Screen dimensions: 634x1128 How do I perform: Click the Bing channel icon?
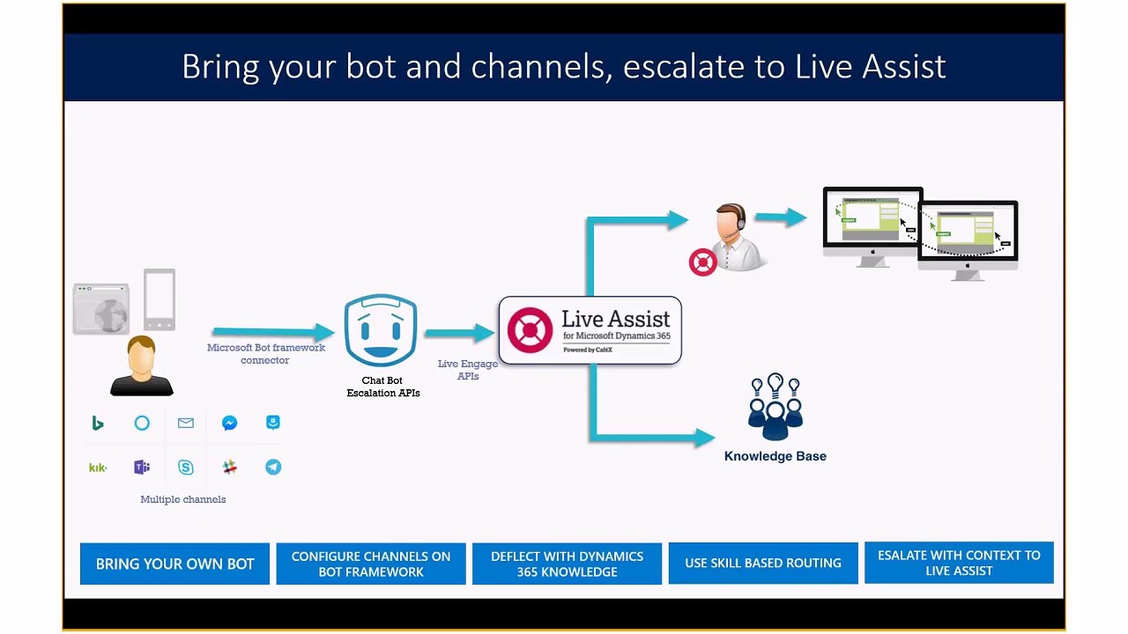[x=98, y=424]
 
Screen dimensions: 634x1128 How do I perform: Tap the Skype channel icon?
[x=185, y=468]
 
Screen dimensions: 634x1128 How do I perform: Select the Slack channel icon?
[x=229, y=468]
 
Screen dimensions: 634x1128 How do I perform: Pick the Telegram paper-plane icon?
[x=273, y=468]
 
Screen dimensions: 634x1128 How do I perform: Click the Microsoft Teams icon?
[x=142, y=468]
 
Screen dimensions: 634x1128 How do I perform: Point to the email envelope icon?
[x=185, y=424]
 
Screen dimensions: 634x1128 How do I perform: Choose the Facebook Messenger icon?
[x=229, y=424]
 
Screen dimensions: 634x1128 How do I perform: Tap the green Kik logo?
[x=98, y=468]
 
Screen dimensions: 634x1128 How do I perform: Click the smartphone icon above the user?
[x=160, y=299]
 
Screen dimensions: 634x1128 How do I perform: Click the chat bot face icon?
[x=381, y=331]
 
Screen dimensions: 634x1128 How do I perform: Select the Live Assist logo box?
[x=590, y=330]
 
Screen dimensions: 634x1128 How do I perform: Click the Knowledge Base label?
[x=775, y=456]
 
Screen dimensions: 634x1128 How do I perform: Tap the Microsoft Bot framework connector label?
[x=265, y=354]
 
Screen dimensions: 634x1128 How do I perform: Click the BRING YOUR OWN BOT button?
[x=174, y=564]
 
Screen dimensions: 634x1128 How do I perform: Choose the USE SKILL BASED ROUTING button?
[x=763, y=564]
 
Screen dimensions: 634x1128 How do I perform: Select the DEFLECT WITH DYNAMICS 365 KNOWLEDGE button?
[x=567, y=564]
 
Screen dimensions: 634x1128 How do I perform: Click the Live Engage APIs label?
[x=468, y=370]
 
